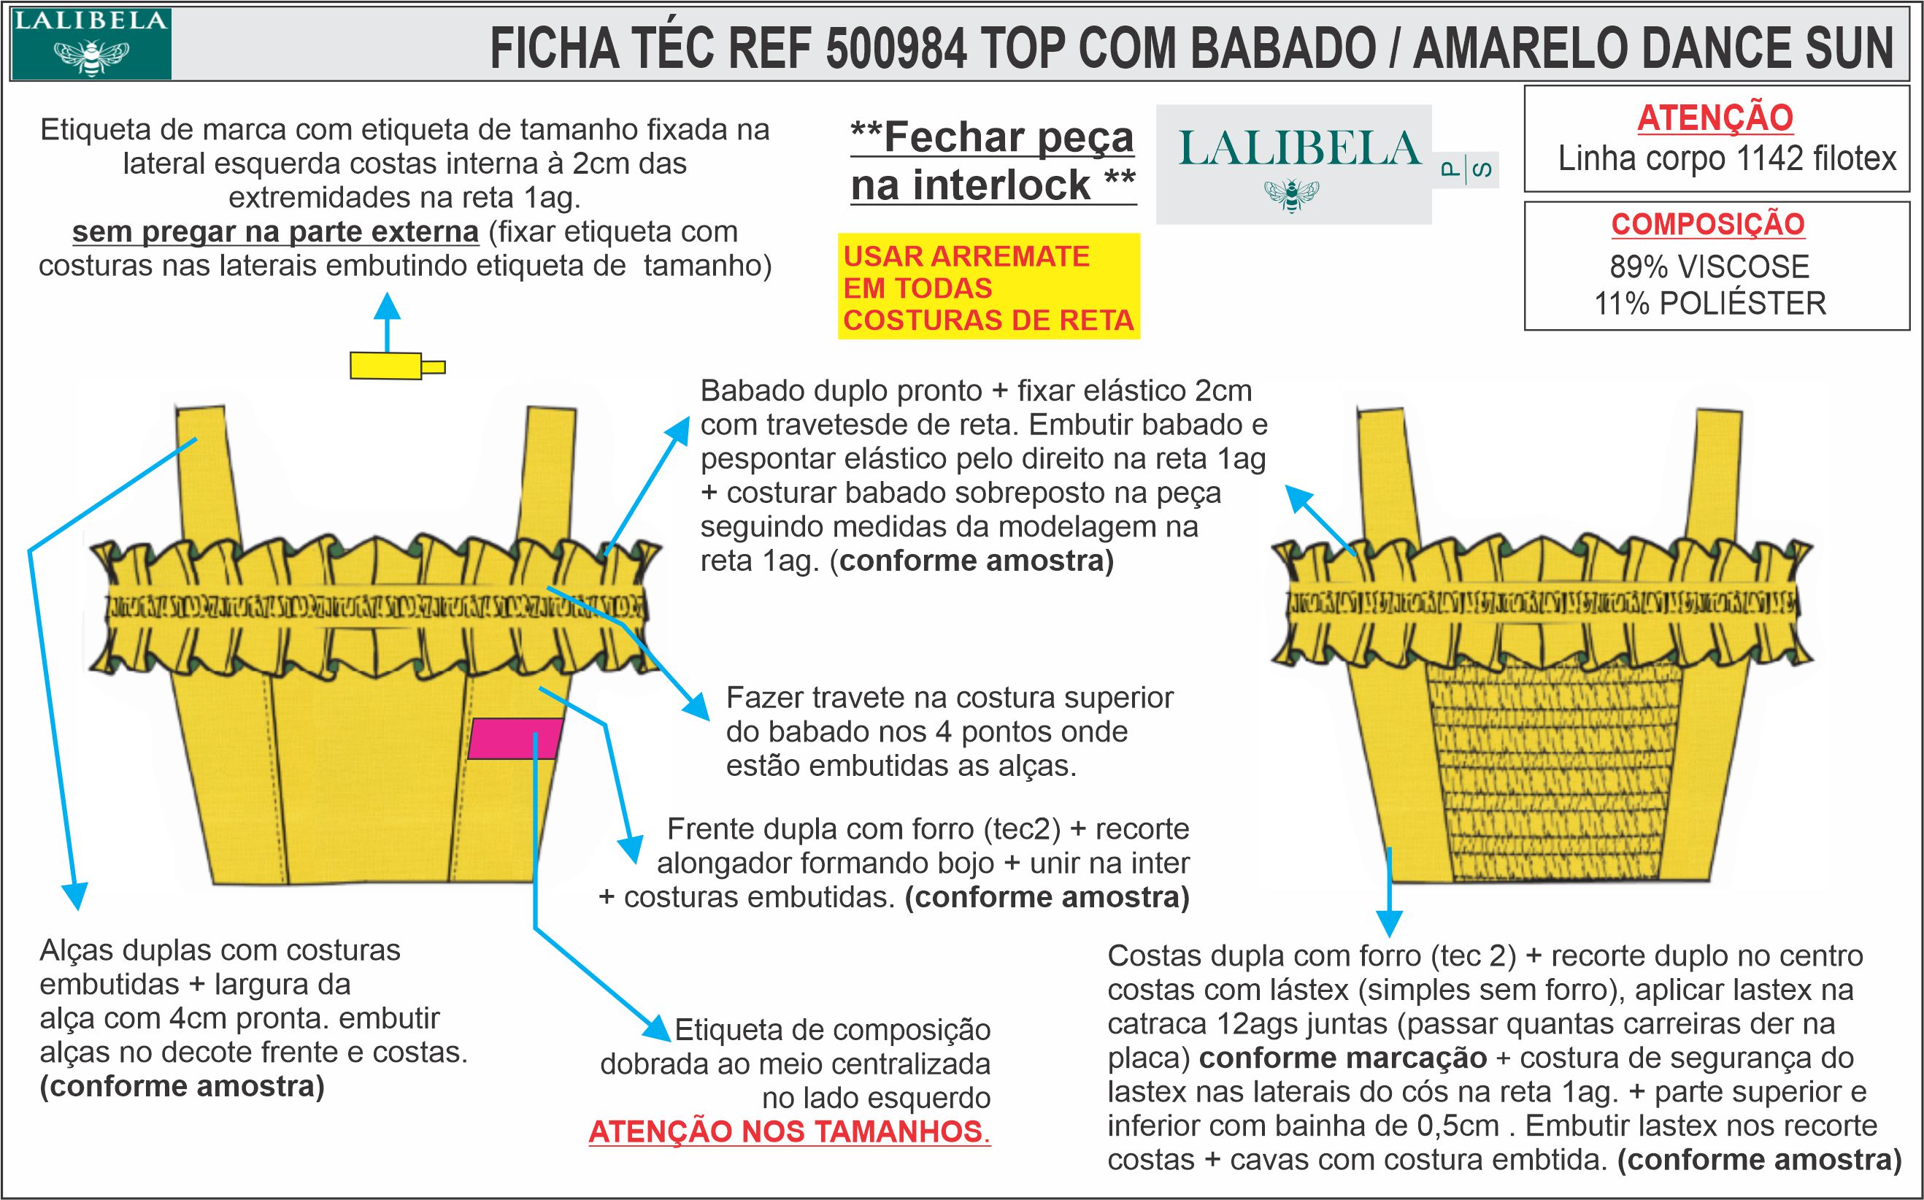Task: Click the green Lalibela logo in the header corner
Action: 91,43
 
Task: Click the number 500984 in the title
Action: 896,47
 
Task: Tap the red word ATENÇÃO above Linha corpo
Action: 1715,118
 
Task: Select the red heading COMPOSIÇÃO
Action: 1707,225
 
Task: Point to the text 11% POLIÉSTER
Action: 1710,303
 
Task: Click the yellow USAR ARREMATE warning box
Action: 988,288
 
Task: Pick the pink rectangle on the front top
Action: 515,738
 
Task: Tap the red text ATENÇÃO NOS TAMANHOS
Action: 788,1131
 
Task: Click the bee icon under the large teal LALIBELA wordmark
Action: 1292,195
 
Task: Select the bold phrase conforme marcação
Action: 1342,1058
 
